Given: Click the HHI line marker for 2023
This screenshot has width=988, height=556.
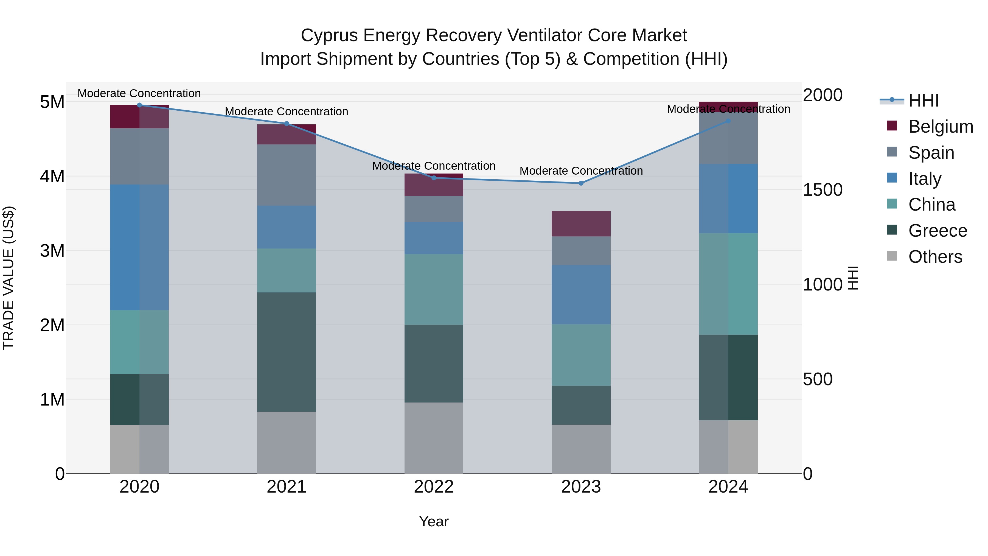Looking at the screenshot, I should coord(581,183).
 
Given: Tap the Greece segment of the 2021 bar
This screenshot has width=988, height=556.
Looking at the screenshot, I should coord(287,352).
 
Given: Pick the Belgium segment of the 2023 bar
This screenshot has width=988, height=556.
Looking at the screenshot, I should coord(581,224).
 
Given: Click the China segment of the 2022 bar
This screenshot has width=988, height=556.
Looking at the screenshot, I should coord(434,289).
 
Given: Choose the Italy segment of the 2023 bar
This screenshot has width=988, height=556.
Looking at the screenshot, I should coord(581,294).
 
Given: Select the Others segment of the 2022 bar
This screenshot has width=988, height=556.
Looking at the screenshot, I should coord(434,438).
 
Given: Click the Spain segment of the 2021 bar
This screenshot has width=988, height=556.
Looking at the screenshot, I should coord(287,175).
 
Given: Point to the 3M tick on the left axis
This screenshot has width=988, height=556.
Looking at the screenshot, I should coord(52,251).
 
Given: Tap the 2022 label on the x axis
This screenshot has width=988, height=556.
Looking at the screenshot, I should coord(434,487).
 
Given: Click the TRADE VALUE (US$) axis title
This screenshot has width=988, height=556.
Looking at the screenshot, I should coord(9,278).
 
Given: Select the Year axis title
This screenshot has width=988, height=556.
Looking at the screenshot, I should coord(434,521).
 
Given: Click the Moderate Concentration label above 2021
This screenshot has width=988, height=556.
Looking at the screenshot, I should coord(287,112).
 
